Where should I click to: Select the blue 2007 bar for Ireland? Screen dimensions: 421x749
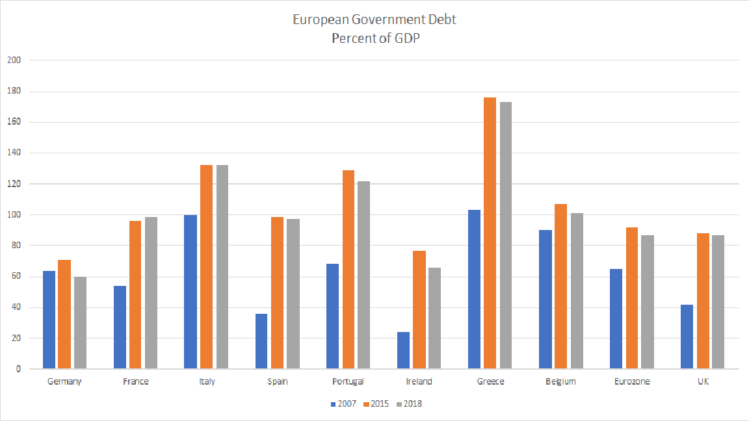click(403, 351)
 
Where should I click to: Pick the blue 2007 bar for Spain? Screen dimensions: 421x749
click(261, 342)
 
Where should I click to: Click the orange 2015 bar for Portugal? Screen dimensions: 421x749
click(348, 270)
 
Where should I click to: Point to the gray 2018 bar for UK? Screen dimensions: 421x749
click(718, 302)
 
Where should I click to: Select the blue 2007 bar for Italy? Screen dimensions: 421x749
click(191, 292)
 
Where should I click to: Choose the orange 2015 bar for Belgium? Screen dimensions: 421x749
click(560, 287)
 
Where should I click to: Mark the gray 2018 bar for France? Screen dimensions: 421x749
click(151, 293)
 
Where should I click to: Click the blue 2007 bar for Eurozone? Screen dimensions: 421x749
click(616, 319)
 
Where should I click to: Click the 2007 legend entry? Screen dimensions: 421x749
click(344, 404)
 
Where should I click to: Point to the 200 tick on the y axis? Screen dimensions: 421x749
click(14, 60)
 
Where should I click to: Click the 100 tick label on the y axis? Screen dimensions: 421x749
click(14, 215)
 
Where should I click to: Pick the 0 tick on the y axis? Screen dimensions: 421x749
click(18, 369)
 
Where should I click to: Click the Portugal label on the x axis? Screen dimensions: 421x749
click(348, 381)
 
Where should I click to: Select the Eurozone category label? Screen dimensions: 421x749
click(631, 381)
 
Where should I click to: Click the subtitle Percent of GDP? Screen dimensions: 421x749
click(374, 38)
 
